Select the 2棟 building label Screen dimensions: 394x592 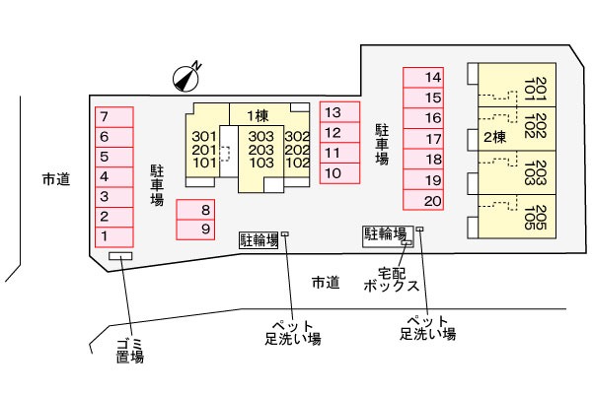(x=494, y=137)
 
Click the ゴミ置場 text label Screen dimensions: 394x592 (x=129, y=350)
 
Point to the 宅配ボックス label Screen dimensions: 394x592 (x=391, y=279)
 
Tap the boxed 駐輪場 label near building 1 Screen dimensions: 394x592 (x=259, y=238)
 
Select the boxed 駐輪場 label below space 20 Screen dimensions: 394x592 (x=385, y=233)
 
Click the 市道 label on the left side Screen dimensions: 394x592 (x=56, y=179)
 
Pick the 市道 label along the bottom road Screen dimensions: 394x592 (x=326, y=283)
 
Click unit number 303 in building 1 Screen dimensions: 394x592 (x=260, y=137)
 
